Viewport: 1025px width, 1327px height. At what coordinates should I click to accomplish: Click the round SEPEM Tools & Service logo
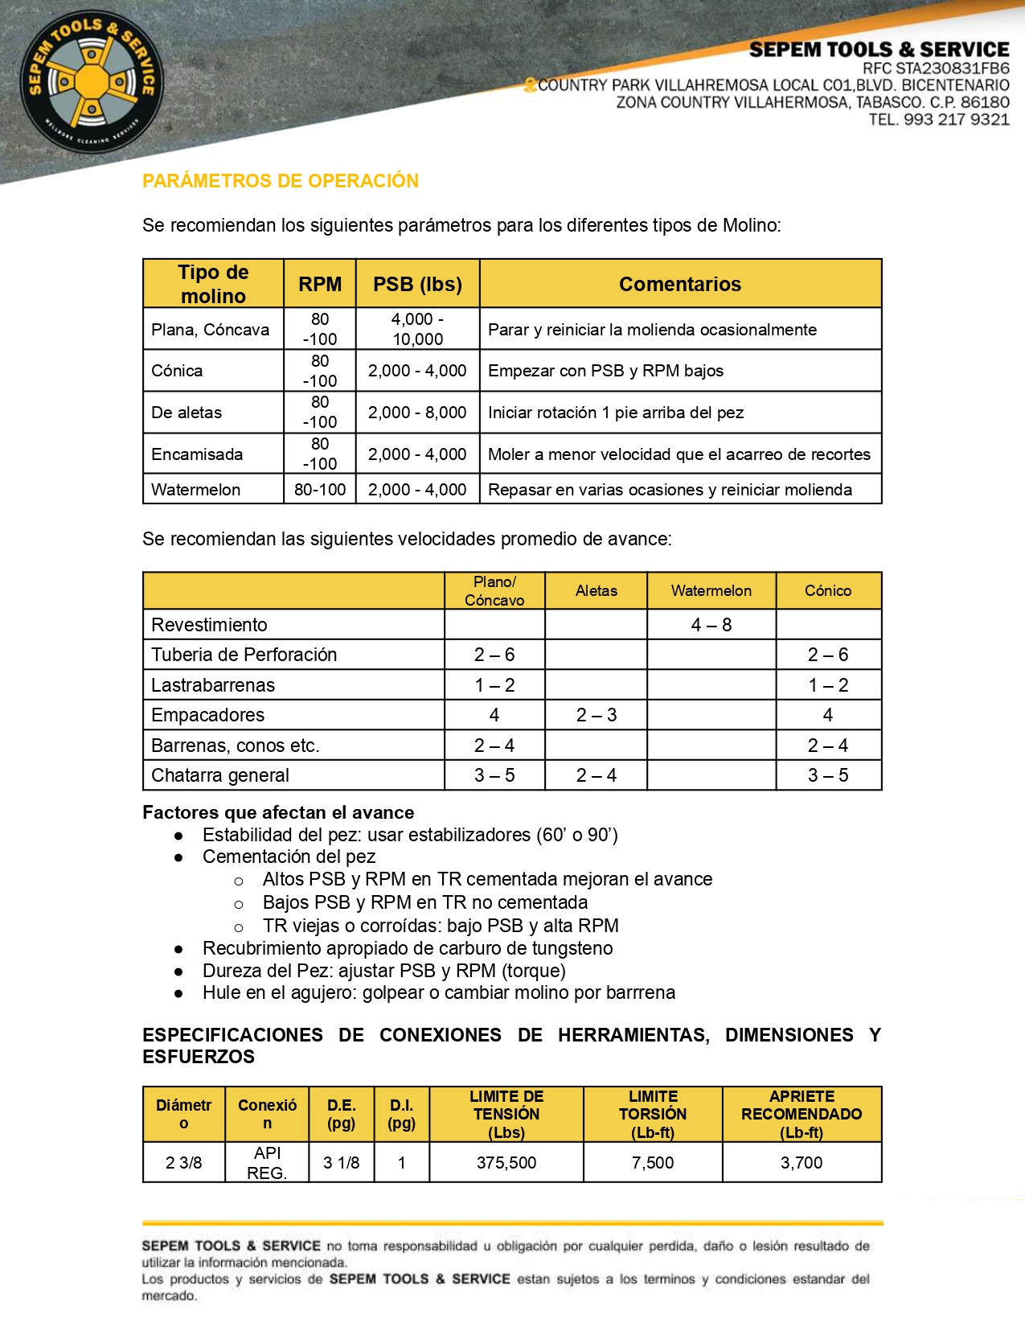click(x=92, y=81)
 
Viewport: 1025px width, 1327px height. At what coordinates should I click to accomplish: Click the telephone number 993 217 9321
click(x=956, y=120)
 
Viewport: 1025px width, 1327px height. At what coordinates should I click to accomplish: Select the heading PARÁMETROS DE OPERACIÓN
click(x=281, y=181)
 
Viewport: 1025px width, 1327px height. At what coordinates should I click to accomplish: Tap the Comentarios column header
click(x=679, y=284)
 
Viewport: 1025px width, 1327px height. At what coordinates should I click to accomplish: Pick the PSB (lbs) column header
click(x=417, y=284)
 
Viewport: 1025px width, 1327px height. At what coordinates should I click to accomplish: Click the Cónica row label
click(x=177, y=371)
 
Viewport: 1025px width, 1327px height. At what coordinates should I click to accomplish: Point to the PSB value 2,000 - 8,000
click(x=417, y=413)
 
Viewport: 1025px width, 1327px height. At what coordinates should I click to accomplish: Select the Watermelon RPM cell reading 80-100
click(x=320, y=490)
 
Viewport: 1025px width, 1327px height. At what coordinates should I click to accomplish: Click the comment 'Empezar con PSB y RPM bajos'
click(x=605, y=371)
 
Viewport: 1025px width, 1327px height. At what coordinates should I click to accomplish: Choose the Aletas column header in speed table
click(x=596, y=591)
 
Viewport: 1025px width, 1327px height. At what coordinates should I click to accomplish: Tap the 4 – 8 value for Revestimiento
click(x=711, y=625)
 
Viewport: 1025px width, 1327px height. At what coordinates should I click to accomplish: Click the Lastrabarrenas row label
click(x=213, y=685)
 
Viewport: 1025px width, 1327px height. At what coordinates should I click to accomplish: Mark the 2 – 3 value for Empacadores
click(x=596, y=715)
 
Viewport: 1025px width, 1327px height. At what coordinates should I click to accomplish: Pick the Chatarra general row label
click(x=220, y=775)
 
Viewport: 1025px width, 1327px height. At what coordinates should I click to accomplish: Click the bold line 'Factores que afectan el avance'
click(x=278, y=812)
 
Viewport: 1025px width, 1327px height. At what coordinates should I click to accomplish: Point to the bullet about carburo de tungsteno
click(x=408, y=948)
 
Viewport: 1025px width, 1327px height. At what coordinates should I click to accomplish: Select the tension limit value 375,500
click(x=506, y=1163)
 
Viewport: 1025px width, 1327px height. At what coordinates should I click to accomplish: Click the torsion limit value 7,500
click(x=652, y=1163)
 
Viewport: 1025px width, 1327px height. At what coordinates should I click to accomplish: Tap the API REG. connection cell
click(x=267, y=1163)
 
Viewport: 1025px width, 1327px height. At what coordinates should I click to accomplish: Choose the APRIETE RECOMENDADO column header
click(x=801, y=1114)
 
